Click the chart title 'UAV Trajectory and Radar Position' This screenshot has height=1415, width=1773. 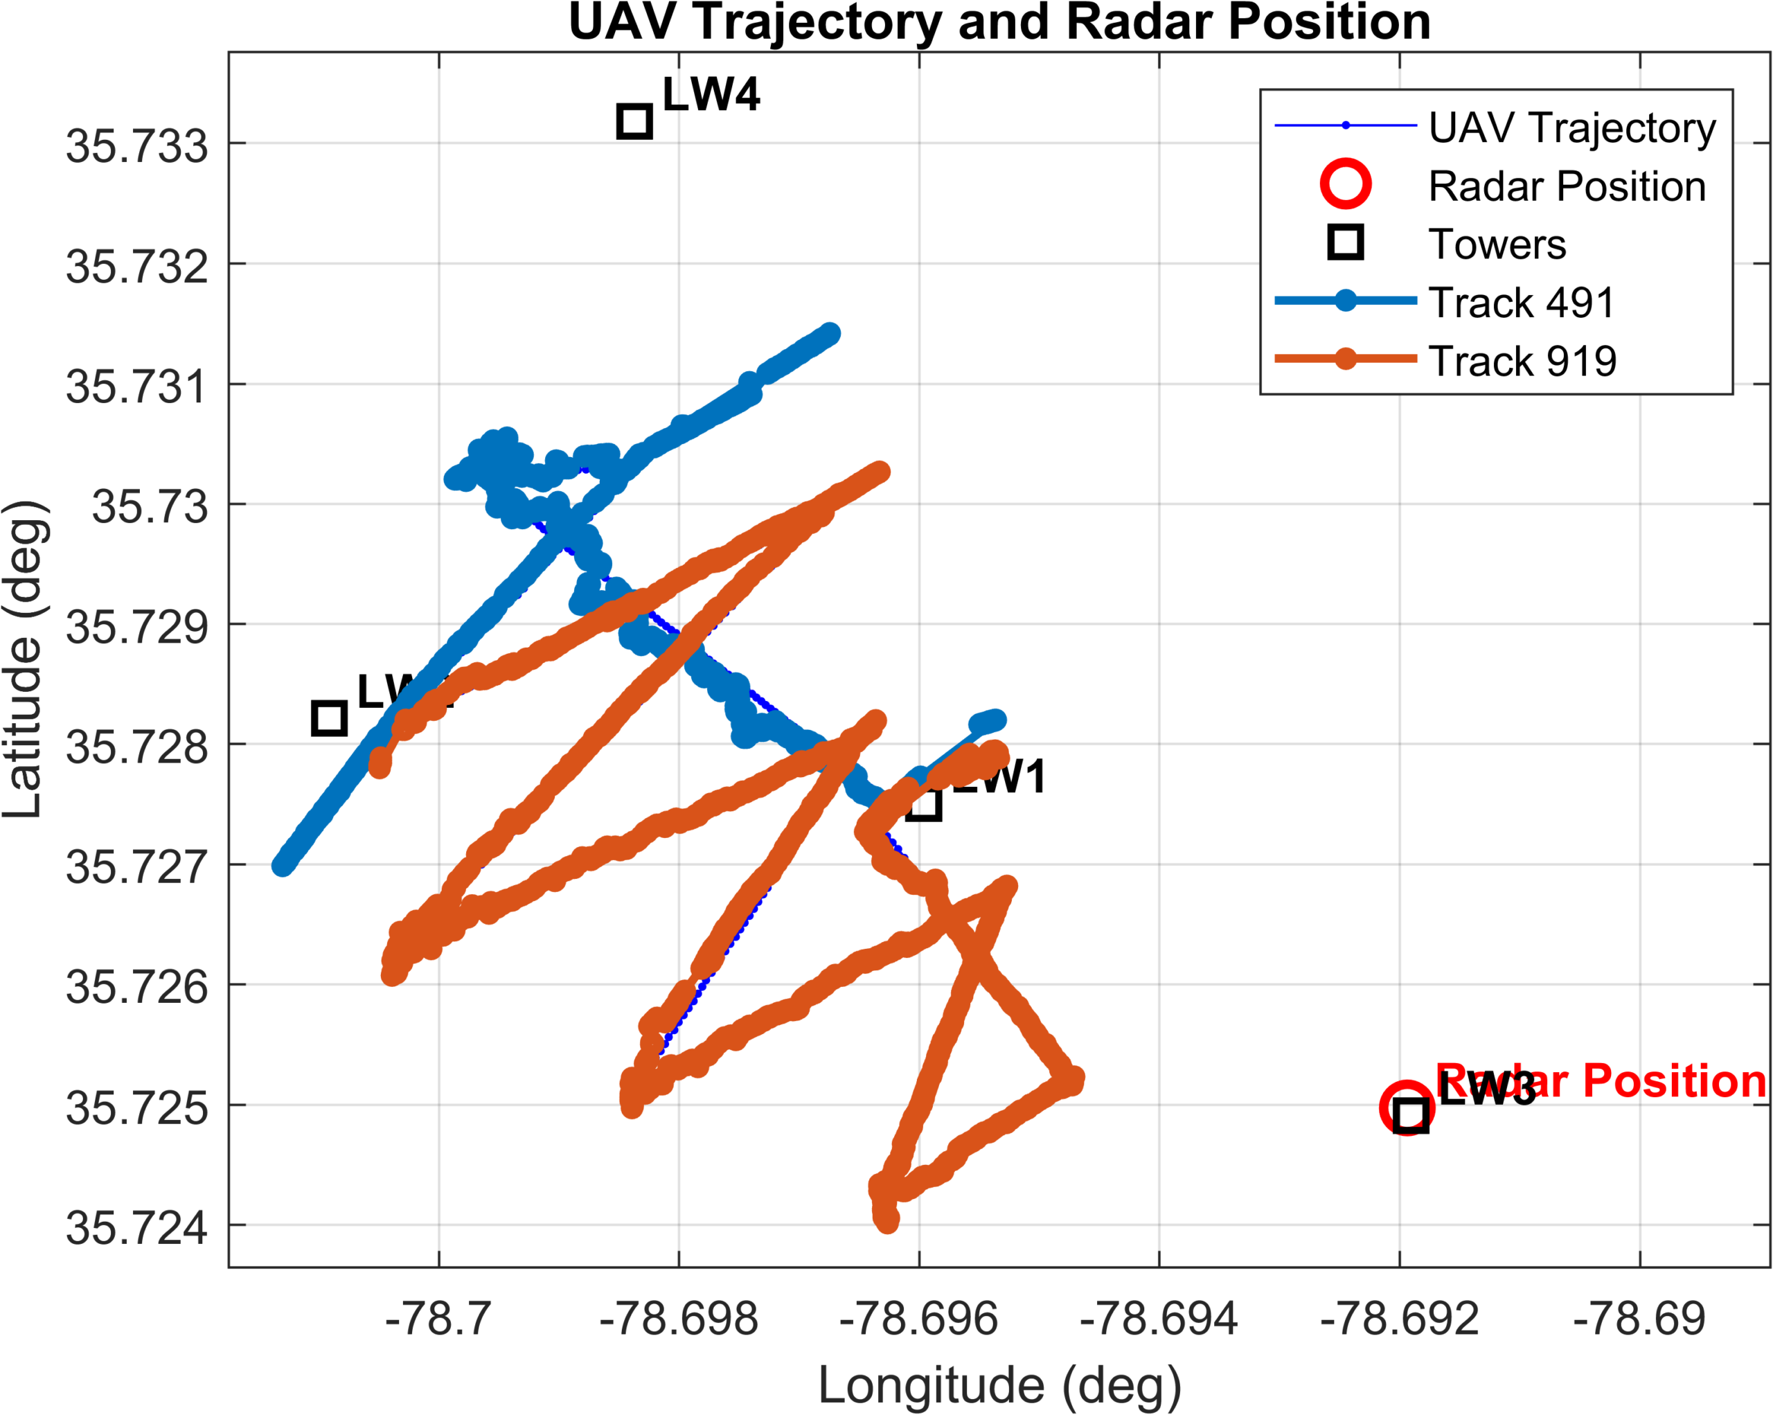tap(999, 22)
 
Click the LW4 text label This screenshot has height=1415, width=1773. tap(711, 95)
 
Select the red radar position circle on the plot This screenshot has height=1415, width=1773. tap(1407, 1107)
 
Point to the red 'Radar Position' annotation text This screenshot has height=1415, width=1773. tap(1599, 1080)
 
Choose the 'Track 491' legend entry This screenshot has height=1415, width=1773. tap(1522, 303)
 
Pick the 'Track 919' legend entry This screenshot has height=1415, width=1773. tap(1522, 361)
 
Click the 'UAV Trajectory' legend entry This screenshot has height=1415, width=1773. tap(1571, 128)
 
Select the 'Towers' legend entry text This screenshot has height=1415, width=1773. tap(1497, 244)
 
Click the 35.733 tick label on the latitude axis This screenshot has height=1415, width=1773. tap(136, 147)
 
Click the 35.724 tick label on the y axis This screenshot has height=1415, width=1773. tap(136, 1229)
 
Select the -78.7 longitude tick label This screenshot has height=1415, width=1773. tap(438, 1319)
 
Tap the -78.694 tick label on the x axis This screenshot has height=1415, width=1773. tap(1158, 1319)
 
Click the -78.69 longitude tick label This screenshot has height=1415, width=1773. tap(1639, 1319)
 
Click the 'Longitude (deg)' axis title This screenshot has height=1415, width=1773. tap(999, 1385)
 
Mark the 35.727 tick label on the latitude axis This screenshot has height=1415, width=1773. tap(136, 867)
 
